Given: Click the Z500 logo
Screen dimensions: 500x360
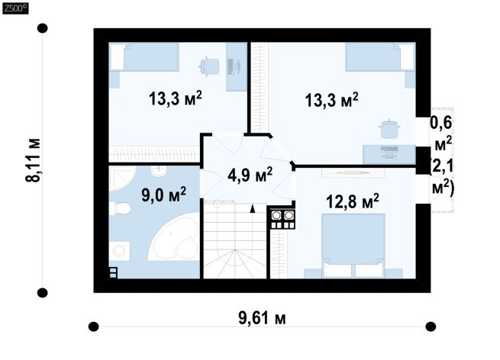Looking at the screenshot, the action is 15,8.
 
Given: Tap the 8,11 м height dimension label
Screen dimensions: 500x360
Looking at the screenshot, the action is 33,160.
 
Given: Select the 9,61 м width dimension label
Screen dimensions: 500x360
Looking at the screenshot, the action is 262,318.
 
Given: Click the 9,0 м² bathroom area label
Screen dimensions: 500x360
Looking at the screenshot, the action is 163,194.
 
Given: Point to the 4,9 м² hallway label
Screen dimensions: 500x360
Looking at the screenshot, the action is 250,175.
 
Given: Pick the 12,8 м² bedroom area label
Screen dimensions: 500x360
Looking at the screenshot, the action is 353,201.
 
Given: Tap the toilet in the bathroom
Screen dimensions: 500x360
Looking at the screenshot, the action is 120,208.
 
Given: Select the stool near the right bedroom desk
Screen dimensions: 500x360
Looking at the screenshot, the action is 389,129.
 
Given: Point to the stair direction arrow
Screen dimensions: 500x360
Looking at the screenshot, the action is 253,209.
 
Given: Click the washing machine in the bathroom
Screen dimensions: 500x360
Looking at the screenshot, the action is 120,251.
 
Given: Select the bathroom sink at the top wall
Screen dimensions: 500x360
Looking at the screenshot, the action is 159,170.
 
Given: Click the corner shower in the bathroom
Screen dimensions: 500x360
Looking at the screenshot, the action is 123,178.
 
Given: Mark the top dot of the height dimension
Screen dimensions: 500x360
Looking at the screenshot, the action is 43,28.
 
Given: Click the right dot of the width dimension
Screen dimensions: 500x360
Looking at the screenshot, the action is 431,326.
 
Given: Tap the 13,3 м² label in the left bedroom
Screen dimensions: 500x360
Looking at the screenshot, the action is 175,98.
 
